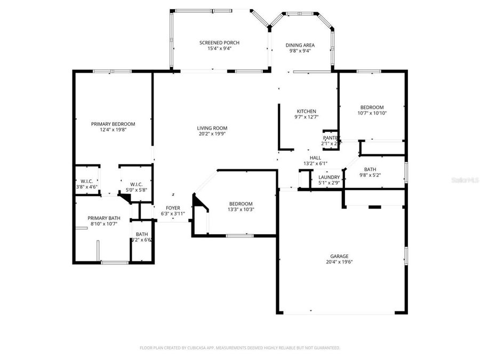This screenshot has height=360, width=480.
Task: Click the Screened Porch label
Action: (219, 43)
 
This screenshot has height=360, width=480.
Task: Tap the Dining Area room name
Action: (300, 45)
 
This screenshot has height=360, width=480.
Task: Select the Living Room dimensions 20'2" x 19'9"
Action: (212, 134)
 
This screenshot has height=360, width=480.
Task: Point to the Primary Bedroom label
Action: (113, 124)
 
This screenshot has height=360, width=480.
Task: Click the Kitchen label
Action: (306, 111)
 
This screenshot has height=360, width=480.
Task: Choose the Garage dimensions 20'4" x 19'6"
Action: (339, 262)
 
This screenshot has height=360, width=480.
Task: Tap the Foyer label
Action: (173, 208)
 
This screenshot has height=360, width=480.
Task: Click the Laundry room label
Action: (329, 177)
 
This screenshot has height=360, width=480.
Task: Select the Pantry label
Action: (331, 138)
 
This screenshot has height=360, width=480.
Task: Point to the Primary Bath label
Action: (104, 218)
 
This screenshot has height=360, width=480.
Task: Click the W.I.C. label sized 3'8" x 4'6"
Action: (86, 182)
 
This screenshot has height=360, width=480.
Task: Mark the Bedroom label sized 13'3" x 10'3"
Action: (241, 204)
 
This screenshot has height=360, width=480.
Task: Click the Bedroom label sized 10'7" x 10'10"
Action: (371, 107)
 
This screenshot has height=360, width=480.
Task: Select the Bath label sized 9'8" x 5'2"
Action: (370, 169)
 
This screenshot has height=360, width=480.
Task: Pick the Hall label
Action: (315, 158)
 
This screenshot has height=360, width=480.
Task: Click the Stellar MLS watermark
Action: (465, 180)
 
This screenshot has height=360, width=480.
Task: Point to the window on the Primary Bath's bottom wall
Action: (114, 262)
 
